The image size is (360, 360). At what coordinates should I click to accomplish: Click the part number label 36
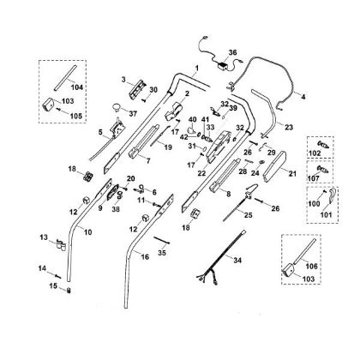(x=233, y=52)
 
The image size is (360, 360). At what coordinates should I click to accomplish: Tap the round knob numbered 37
(x=116, y=107)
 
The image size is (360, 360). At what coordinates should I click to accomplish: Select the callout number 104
(x=77, y=87)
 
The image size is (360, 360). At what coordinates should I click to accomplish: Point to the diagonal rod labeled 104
(x=65, y=78)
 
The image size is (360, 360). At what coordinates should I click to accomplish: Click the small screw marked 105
(x=59, y=110)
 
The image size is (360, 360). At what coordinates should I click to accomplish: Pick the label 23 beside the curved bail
(x=289, y=127)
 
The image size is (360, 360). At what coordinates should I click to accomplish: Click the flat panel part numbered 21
(x=274, y=166)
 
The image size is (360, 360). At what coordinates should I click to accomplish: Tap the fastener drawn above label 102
(x=324, y=145)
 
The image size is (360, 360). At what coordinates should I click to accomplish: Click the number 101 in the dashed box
(x=326, y=214)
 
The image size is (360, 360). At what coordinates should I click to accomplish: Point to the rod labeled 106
(x=305, y=249)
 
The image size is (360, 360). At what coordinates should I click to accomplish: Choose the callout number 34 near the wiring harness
(x=237, y=261)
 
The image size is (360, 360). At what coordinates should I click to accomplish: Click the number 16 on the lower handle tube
(x=145, y=257)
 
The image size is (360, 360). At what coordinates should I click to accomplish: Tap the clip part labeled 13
(x=61, y=245)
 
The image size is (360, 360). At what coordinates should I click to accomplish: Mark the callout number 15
(x=53, y=285)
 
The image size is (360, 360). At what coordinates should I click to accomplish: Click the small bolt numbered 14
(x=58, y=276)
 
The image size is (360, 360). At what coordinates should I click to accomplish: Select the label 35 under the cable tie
(x=162, y=253)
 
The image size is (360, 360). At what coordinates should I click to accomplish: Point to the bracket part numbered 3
(x=138, y=89)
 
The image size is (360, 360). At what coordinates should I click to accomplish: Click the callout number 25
(x=249, y=215)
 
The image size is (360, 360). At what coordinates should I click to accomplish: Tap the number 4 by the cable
(x=303, y=97)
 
